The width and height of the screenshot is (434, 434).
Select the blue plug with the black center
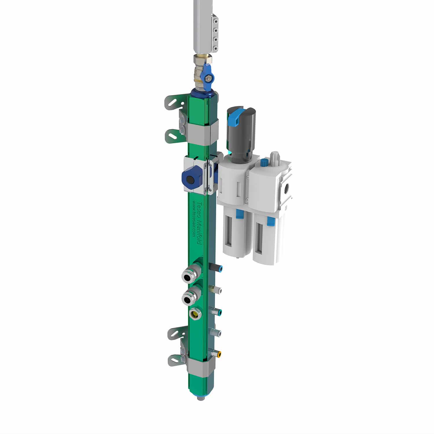coord(190,180)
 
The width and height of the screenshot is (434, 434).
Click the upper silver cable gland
coord(188,275)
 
